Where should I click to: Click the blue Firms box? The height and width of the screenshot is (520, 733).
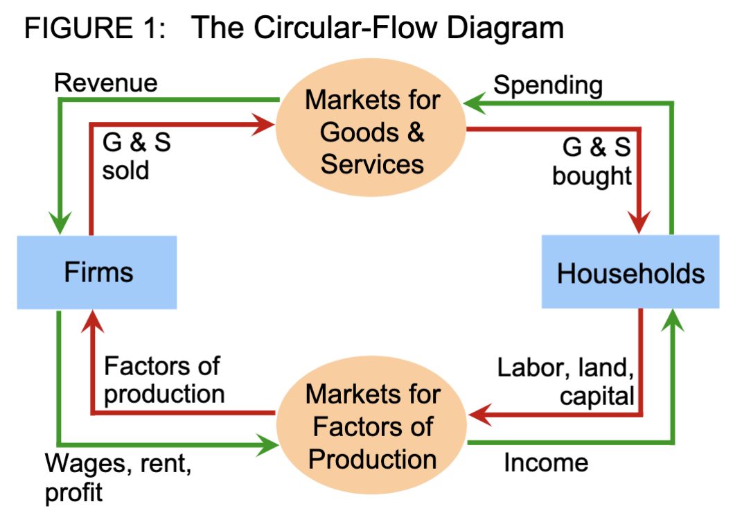pyautogui.click(x=97, y=272)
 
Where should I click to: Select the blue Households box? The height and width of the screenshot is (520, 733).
pyautogui.click(x=630, y=272)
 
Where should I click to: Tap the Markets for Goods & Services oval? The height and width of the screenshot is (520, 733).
pyautogui.click(x=372, y=132)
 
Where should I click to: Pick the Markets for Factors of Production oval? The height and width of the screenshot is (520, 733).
pyautogui.click(x=372, y=426)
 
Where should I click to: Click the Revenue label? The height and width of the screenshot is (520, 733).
pyautogui.click(x=106, y=83)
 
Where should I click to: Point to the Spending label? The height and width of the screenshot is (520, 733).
pyautogui.click(x=547, y=86)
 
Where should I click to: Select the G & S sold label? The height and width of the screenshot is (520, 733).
pyautogui.click(x=136, y=157)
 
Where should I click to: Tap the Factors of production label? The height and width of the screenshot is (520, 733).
pyautogui.click(x=164, y=379)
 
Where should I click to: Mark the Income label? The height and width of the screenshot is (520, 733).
pyautogui.click(x=545, y=462)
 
